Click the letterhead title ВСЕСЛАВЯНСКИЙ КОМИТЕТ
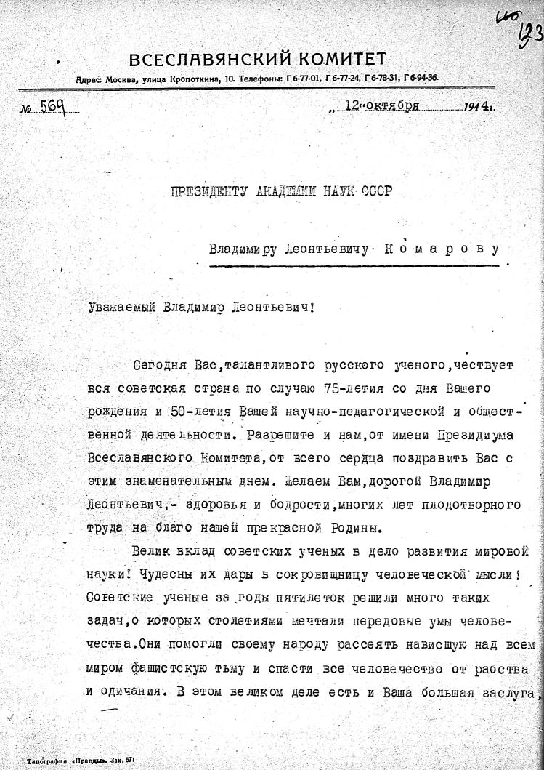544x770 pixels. tap(257, 60)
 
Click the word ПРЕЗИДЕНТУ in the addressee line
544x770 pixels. tap(208, 192)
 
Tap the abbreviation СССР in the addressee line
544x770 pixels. tap(375, 192)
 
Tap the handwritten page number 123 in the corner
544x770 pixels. tap(528, 33)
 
